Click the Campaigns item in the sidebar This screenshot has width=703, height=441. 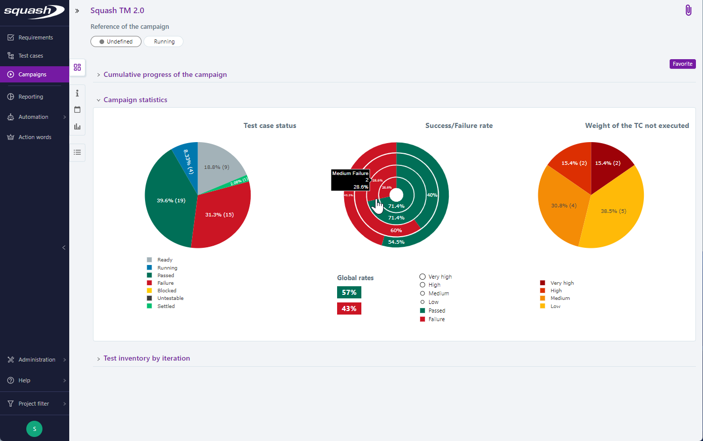[x=32, y=74]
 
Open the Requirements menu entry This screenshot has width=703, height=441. [x=35, y=37]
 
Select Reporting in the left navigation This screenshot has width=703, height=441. [x=30, y=97]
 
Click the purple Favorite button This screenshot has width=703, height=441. [x=682, y=64]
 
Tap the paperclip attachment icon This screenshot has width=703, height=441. [x=688, y=10]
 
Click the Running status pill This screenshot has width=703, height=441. [x=164, y=41]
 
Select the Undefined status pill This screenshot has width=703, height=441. [x=116, y=41]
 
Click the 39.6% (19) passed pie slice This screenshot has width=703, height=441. [x=171, y=201]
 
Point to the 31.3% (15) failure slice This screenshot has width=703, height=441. [x=219, y=215]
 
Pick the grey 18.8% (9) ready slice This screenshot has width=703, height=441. [x=216, y=167]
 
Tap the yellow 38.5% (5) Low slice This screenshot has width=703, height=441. [x=613, y=211]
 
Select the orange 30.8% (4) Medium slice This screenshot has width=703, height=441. [x=564, y=206]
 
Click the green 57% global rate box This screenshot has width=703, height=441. [x=349, y=292]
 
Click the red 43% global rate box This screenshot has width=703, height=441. [x=349, y=308]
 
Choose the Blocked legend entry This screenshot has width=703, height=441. [x=166, y=291]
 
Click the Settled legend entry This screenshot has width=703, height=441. [x=166, y=306]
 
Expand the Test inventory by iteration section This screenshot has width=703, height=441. [x=147, y=358]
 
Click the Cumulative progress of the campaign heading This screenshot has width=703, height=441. [x=165, y=74]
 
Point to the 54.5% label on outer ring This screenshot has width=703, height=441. [x=396, y=242]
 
